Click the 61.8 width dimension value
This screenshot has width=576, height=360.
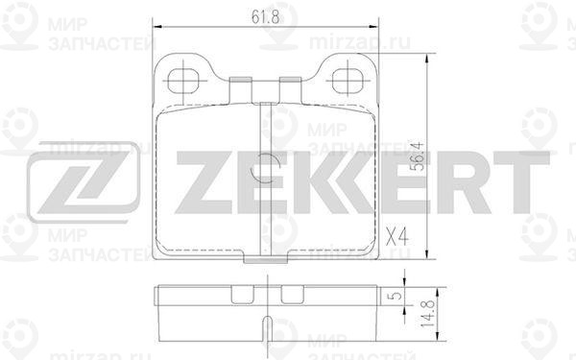[x=260, y=16]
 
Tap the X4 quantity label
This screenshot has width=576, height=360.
[x=396, y=234]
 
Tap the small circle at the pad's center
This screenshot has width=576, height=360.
[x=262, y=171]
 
